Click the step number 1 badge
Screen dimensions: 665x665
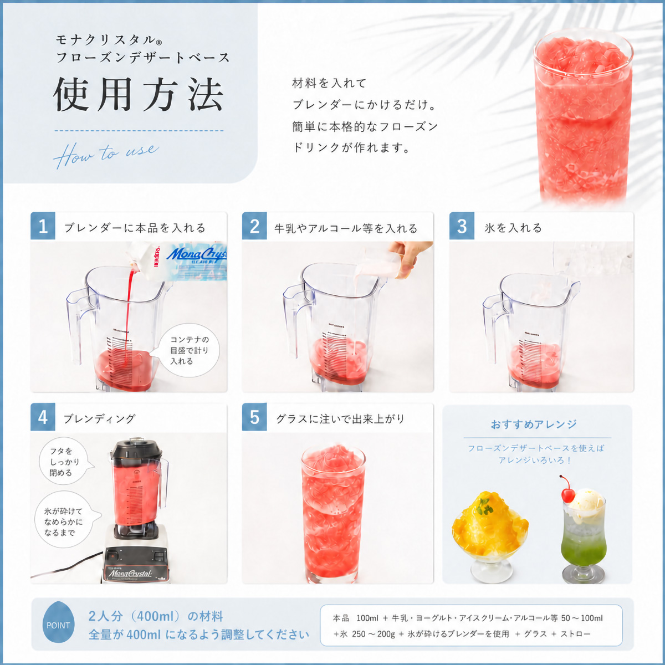[43, 226]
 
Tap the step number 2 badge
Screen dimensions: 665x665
[254, 226]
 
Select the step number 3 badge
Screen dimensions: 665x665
[462, 226]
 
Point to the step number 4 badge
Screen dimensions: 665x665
[43, 417]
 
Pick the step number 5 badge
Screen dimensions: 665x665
[254, 417]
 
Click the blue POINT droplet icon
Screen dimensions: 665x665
[58, 625]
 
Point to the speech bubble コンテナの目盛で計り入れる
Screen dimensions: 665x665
[190, 351]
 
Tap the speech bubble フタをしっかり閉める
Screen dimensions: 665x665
[65, 462]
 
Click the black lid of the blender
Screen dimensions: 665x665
[137, 448]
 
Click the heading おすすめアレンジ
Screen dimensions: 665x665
[534, 424]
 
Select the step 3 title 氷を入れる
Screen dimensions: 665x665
[513, 228]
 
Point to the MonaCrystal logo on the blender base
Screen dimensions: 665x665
[130, 574]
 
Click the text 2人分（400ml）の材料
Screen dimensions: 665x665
[156, 616]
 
